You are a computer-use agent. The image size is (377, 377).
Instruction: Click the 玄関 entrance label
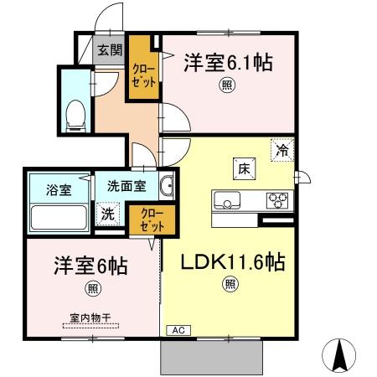(108, 50)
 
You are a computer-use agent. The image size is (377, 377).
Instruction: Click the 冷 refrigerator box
(284, 151)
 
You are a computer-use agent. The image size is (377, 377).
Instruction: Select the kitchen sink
(226, 201)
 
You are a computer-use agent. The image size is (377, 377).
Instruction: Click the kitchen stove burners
(277, 200)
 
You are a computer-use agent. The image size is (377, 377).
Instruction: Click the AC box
(178, 330)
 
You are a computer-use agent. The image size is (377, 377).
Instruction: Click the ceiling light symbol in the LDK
(230, 285)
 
